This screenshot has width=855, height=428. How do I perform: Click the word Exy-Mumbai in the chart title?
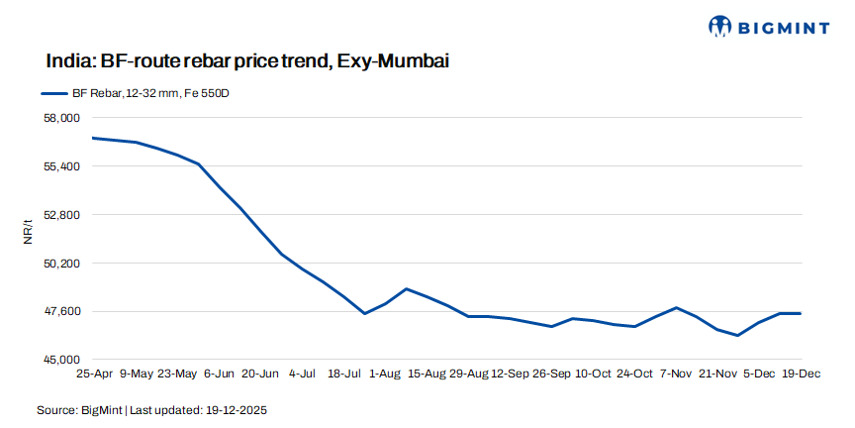[393, 61]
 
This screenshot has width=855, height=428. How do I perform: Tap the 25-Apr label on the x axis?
[94, 374]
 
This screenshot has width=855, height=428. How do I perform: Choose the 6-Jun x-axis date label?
[218, 374]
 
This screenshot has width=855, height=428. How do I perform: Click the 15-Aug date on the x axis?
[427, 374]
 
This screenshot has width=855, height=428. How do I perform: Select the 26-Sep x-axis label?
[552, 374]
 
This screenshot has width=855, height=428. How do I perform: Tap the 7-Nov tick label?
[676, 374]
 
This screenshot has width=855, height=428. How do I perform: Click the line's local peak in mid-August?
[406, 288]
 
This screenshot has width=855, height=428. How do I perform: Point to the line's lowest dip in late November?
[738, 335]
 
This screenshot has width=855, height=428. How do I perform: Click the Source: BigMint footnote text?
[152, 409]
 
